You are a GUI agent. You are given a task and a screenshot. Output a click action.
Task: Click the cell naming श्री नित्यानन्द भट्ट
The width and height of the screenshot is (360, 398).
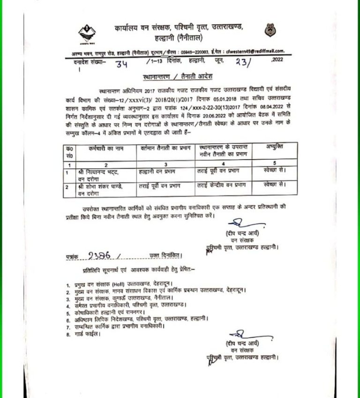tap(100, 173)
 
